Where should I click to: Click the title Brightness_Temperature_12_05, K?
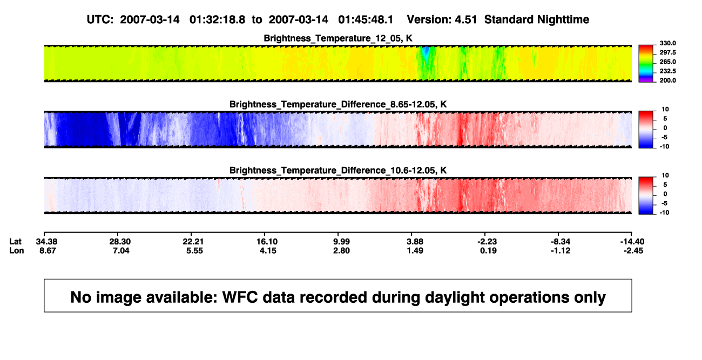click(x=338, y=38)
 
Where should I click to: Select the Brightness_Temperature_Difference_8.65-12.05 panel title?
click(x=338, y=104)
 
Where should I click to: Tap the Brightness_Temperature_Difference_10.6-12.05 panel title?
click(x=338, y=171)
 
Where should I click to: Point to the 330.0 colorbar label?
click(x=667, y=43)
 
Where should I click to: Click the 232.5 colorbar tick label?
click(x=667, y=71)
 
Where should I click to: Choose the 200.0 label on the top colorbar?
click(x=667, y=80)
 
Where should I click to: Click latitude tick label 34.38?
click(x=46, y=242)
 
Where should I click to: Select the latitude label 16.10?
click(x=267, y=242)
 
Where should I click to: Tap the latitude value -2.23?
click(x=487, y=242)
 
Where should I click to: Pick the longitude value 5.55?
click(x=194, y=250)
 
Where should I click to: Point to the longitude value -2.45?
click(x=633, y=250)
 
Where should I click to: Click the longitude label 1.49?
click(x=415, y=250)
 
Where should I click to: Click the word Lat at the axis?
click(x=15, y=242)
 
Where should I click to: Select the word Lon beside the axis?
click(x=17, y=250)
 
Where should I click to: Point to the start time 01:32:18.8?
click(x=217, y=20)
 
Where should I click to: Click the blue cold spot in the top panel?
click(x=426, y=52)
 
